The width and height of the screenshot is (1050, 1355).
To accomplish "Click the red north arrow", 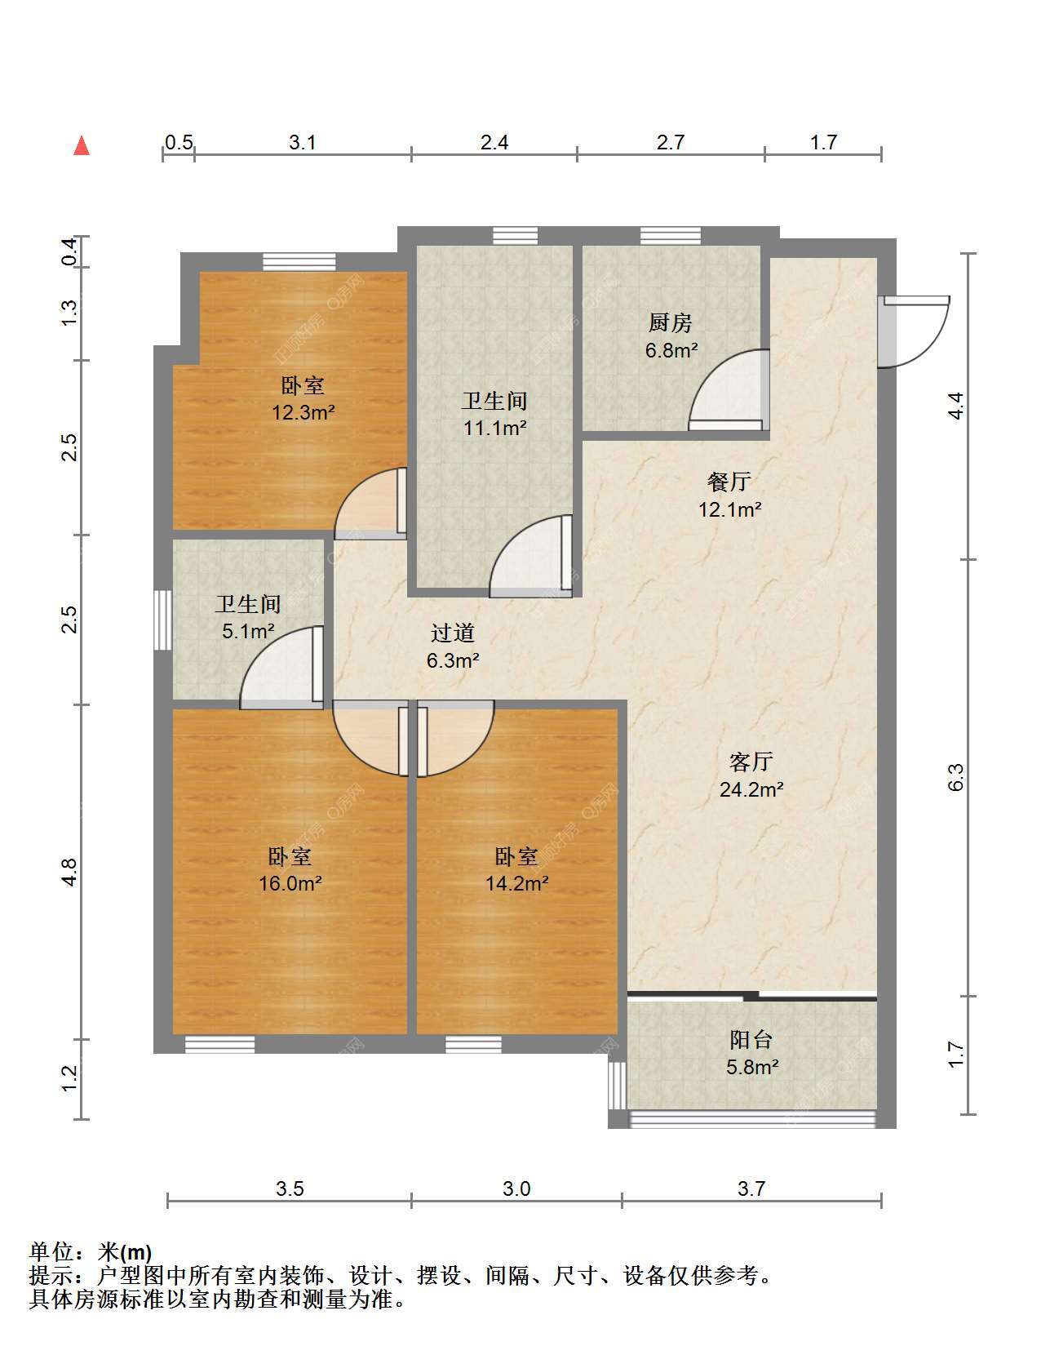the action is click(82, 145).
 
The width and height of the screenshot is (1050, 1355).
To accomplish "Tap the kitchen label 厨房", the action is click(670, 322).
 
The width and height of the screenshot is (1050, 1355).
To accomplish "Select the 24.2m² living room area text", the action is click(751, 789).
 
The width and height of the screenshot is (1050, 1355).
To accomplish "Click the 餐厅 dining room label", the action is click(729, 482).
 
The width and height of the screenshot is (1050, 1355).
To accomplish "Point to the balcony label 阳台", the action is click(751, 1039).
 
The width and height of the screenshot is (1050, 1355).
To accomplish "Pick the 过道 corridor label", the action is click(453, 633).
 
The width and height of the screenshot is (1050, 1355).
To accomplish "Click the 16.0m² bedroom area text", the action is click(290, 883).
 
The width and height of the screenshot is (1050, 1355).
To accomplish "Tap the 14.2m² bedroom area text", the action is click(516, 883).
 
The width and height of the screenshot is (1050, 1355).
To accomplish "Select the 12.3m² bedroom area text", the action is click(303, 412).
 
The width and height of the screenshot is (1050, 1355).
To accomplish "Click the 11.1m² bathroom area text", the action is click(494, 428).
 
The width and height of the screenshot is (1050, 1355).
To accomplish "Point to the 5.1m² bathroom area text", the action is click(248, 631).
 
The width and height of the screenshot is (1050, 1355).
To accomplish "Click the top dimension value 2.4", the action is click(494, 143).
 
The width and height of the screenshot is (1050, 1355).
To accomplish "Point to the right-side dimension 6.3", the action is click(955, 778).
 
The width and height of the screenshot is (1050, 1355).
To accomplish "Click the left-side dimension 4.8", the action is click(69, 872).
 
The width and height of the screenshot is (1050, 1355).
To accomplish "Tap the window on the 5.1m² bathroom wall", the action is click(162, 620).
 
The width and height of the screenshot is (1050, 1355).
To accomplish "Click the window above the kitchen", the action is click(671, 236).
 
